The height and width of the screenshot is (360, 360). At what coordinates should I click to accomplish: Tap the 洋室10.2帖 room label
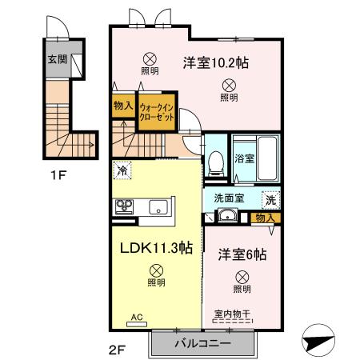coord(214,62)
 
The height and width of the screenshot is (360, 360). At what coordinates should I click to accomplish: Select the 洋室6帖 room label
coord(242,254)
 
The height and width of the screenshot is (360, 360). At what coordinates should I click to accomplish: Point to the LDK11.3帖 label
coord(156,247)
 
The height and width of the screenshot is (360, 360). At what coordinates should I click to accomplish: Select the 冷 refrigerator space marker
coord(122,170)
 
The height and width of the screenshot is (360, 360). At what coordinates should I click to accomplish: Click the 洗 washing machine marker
coord(270,198)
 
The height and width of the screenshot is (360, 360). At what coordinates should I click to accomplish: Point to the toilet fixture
coord(214,164)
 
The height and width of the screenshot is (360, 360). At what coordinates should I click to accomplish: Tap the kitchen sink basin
coord(157,207)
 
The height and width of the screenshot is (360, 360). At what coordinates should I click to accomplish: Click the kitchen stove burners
coord(125,206)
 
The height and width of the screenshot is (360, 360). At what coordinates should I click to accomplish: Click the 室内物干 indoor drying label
coord(231,313)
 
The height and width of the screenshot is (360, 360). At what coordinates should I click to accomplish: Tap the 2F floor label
coord(118,349)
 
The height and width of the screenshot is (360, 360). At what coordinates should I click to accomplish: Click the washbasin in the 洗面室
coord(227,214)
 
